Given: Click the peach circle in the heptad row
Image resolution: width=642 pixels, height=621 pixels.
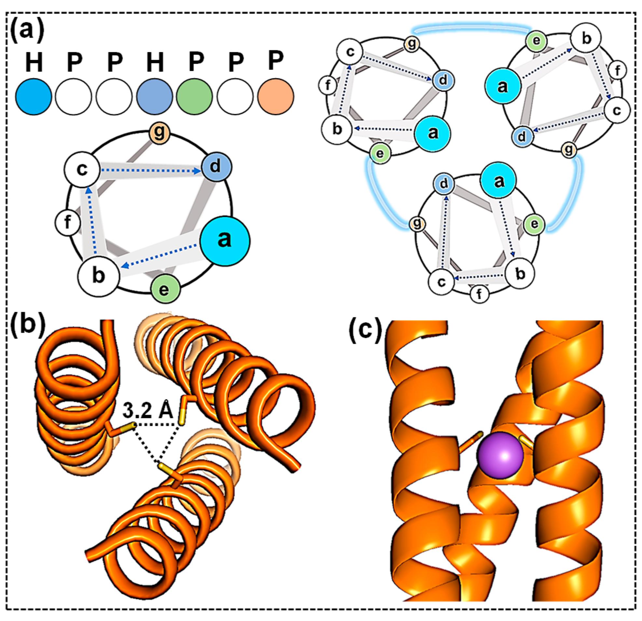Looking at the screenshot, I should (x=276, y=96).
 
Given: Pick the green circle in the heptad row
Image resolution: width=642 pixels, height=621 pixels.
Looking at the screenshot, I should (x=194, y=96).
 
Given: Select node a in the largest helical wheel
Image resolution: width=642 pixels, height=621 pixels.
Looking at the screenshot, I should (x=225, y=241).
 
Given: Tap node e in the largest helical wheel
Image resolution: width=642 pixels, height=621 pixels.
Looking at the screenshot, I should (x=165, y=289).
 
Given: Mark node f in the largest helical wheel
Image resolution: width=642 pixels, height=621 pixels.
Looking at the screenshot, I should (x=67, y=223).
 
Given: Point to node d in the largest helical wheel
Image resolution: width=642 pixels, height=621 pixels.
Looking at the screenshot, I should (x=216, y=166).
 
